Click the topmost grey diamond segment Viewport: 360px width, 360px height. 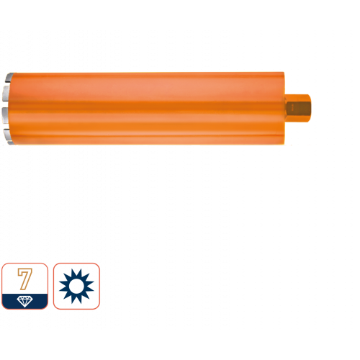point(9,78)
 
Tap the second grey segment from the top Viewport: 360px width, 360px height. point(7,94)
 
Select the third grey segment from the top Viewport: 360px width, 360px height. point(6,115)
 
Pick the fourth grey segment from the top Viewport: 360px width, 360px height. point(8,136)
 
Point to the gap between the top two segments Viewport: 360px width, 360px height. point(8,84)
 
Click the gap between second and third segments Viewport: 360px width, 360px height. point(6,104)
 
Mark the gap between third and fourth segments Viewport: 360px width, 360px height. point(7,126)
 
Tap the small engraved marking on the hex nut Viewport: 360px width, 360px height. point(292,109)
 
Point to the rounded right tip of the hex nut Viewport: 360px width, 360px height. point(310,108)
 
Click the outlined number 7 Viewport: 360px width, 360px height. point(25,279)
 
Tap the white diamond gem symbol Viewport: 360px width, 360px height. point(25,302)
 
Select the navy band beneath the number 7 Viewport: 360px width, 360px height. point(25,301)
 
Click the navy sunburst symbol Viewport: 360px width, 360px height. point(76,286)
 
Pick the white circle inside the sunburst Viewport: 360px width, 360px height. point(76,286)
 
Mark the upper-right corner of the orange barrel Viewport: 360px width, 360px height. point(284,72)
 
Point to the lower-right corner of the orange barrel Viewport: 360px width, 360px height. point(284,144)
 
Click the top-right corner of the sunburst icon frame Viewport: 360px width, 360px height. point(99,264)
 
